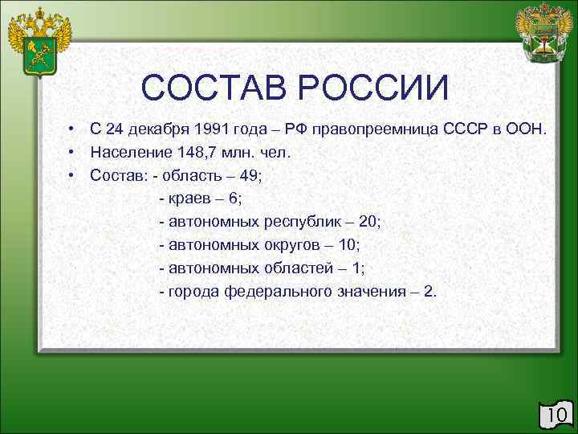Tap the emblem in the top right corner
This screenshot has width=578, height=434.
click(x=543, y=35)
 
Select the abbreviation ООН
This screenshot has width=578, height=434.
click(x=527, y=130)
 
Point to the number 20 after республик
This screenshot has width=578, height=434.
click(x=371, y=221)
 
